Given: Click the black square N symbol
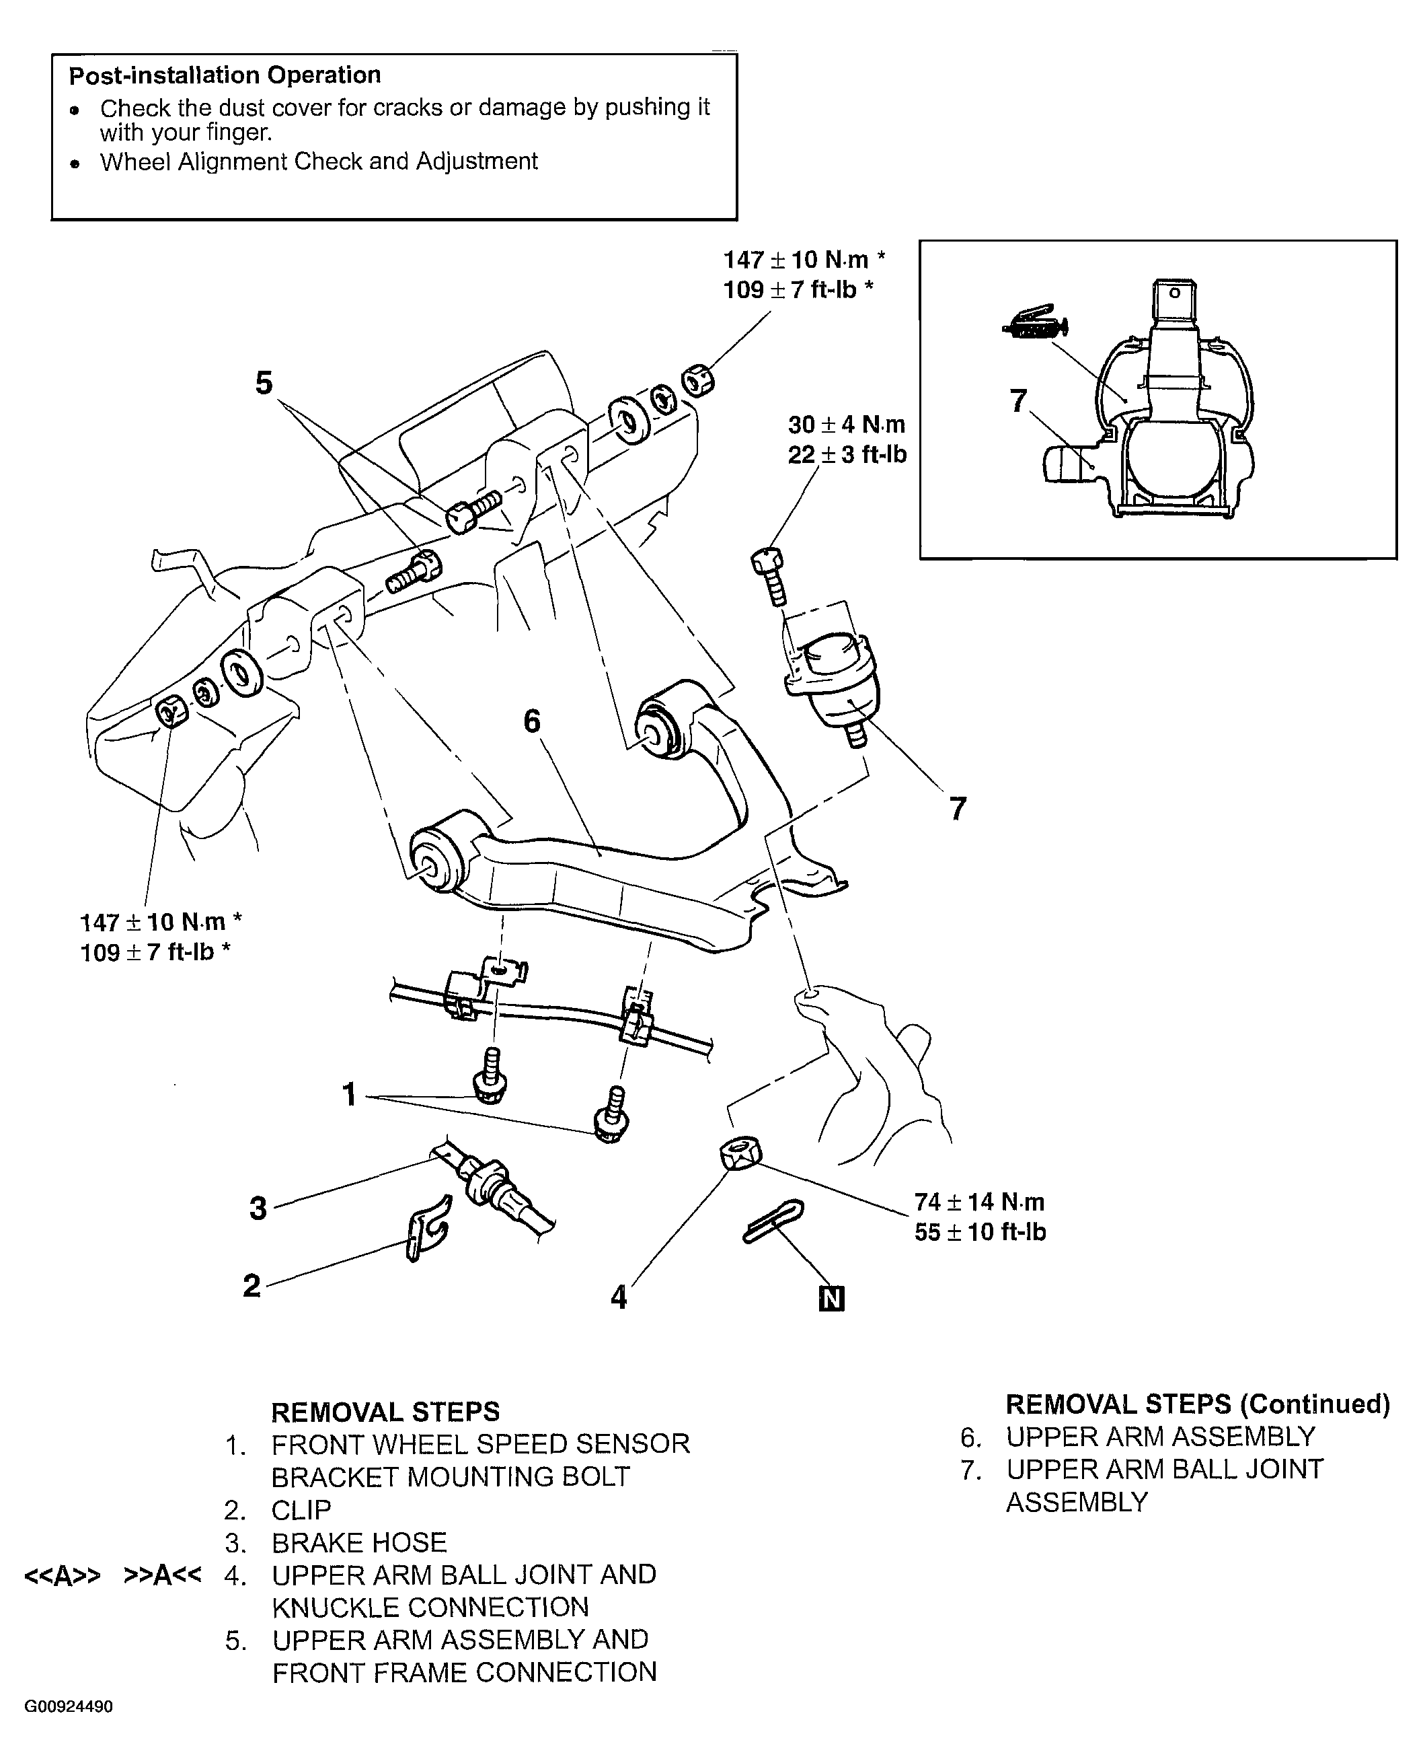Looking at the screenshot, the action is (831, 1299).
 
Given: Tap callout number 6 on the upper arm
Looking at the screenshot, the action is (532, 721).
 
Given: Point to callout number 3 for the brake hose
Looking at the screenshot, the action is (258, 1209).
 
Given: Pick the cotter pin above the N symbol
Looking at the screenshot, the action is (773, 1221).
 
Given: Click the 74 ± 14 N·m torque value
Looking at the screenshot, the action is (980, 1202).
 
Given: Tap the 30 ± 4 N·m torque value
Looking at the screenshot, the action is (847, 425).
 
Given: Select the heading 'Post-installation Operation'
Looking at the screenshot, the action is (225, 75).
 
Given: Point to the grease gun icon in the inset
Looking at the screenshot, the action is (1035, 325).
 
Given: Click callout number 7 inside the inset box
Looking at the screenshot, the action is (1018, 401).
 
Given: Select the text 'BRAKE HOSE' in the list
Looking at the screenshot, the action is (359, 1543).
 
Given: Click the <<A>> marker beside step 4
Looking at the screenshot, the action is (63, 1576).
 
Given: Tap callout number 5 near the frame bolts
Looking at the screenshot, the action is (263, 383).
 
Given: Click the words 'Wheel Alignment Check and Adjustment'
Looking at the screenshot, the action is (319, 161).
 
